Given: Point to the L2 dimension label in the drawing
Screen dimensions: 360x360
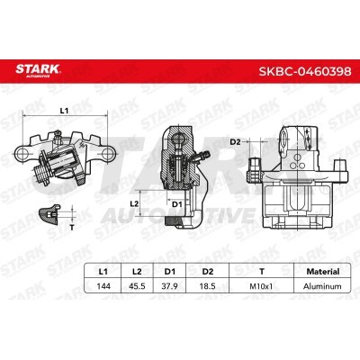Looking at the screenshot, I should pos(133,205).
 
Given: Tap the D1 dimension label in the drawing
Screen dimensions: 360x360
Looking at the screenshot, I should pos(177,205).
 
